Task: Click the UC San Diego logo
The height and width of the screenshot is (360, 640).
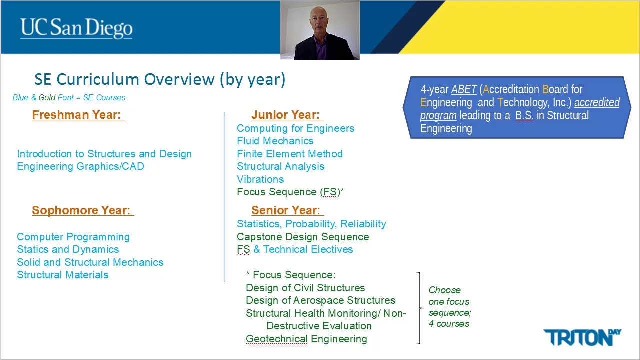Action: [76, 28]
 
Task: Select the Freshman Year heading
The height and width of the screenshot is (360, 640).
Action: [77, 115]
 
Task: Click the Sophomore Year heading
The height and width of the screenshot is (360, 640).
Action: [81, 210]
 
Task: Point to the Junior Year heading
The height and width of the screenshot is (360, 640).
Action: [285, 115]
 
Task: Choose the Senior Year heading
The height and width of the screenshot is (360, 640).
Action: [286, 210]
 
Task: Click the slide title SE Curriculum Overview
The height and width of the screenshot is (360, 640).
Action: [160, 79]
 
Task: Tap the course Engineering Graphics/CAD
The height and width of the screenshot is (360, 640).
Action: [80, 166]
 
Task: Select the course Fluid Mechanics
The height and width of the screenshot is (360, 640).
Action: [275, 141]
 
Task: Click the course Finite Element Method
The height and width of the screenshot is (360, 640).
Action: [289, 154]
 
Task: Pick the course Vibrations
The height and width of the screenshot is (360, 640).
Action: [260, 179]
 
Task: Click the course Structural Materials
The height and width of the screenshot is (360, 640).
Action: [62, 275]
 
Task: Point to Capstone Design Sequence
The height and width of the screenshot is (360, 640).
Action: [302, 237]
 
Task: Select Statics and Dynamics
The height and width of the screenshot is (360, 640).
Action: [68, 249]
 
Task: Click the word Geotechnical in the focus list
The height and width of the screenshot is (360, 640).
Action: [276, 339]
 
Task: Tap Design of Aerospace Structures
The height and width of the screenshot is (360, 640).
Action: [320, 300]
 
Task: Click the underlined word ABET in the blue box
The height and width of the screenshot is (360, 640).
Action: [464, 90]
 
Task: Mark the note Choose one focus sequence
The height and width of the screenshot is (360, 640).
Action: [449, 307]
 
